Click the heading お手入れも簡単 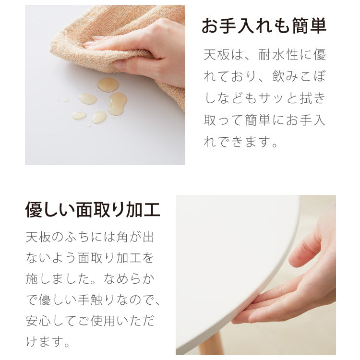point(264,26)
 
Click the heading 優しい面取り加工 point(93,210)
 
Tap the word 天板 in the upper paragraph point(215,55)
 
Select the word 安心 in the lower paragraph point(37,320)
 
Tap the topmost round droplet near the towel point(108,84)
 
